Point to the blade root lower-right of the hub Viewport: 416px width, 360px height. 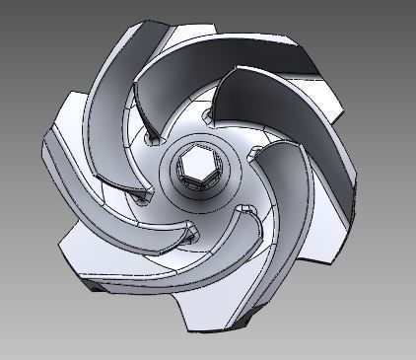coord(243,209)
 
